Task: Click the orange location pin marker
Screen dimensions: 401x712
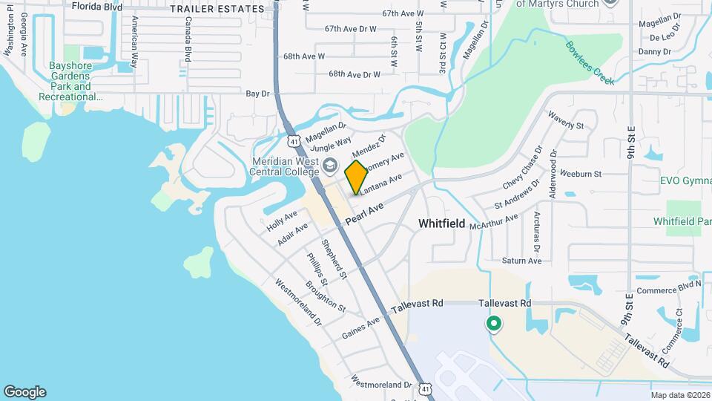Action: pyautogui.click(x=356, y=177)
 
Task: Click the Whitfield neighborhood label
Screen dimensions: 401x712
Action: pyautogui.click(x=441, y=223)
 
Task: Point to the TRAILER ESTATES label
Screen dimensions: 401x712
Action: pyautogui.click(x=217, y=9)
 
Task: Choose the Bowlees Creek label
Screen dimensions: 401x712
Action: pyautogui.click(x=590, y=62)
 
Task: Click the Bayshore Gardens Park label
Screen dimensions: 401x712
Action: pyautogui.click(x=70, y=82)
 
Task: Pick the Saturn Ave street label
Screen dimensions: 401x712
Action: pyautogui.click(x=521, y=261)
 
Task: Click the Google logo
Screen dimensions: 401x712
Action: pyautogui.click(x=24, y=392)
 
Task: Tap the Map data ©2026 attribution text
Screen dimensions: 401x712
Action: pyautogui.click(x=679, y=395)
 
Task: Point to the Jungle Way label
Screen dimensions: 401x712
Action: pyautogui.click(x=331, y=144)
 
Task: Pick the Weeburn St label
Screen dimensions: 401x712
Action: pyautogui.click(x=581, y=174)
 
